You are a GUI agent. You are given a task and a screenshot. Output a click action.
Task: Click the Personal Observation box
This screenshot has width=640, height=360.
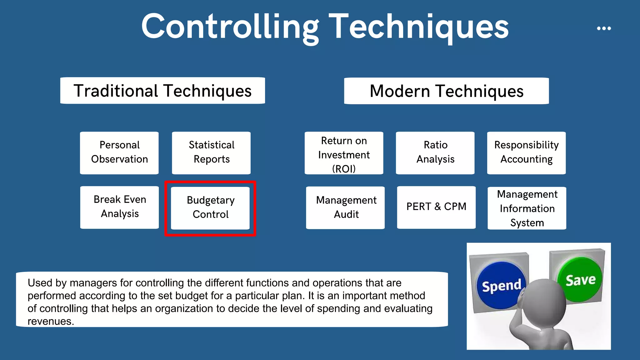point(119,152)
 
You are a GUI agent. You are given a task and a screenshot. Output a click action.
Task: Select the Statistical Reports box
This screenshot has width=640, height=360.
point(211,152)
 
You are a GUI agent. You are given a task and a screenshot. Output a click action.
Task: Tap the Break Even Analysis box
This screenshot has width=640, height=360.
point(119,207)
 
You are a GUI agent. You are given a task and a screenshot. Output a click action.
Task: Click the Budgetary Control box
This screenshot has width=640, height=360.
point(210,208)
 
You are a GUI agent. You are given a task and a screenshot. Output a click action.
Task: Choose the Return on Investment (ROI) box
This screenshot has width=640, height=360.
point(344,153)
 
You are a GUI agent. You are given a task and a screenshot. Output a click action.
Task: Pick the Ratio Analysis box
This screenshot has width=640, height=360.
point(435,152)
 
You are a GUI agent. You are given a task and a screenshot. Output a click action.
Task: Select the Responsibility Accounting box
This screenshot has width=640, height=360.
point(526,152)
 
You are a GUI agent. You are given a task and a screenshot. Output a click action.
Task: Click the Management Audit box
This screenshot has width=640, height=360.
point(345,207)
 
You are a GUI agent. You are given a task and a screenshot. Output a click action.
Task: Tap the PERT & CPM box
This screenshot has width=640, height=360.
point(436,207)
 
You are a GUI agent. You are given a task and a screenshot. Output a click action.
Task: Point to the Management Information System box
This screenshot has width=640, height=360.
point(527,208)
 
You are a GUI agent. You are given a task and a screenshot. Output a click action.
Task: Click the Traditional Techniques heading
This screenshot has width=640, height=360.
point(162,91)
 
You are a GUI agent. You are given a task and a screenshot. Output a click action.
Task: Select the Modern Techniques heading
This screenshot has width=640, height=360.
point(446,91)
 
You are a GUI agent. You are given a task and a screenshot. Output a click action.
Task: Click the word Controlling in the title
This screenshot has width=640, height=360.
point(230,27)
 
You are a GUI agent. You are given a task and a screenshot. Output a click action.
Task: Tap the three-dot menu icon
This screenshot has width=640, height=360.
point(604,28)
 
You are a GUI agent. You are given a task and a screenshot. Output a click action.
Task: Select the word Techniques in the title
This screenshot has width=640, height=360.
point(419,27)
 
